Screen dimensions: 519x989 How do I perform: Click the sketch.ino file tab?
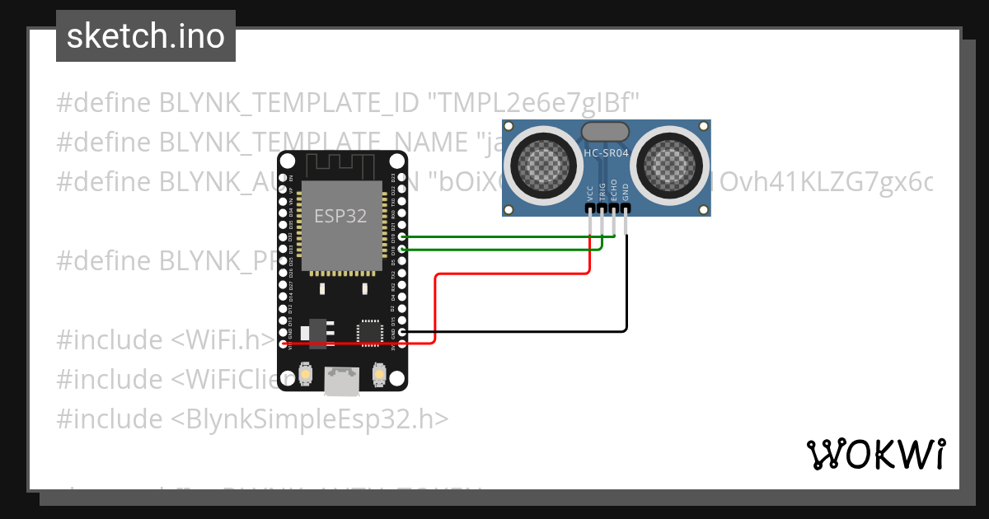[146, 36]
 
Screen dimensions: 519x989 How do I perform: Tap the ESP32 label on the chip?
[340, 216]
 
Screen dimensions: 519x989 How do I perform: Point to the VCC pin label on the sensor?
[590, 194]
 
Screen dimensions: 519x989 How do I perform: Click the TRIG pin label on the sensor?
[602, 192]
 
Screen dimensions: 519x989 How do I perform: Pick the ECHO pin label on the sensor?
[614, 192]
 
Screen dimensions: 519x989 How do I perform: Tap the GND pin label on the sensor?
[626, 194]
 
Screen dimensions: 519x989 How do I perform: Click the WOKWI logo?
[875, 454]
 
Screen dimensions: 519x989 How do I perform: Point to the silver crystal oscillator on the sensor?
[606, 130]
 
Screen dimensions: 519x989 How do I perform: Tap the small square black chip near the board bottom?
[368, 331]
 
